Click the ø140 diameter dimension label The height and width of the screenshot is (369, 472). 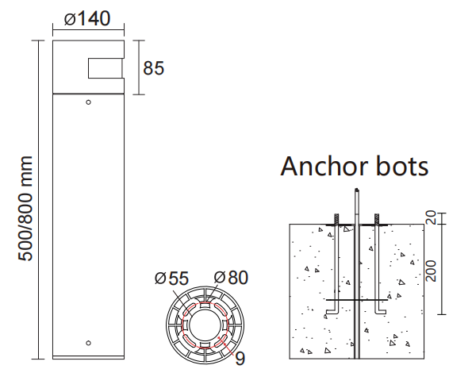(x=87, y=17)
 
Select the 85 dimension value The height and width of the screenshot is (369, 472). (x=153, y=68)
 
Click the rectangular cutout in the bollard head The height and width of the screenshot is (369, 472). (x=106, y=68)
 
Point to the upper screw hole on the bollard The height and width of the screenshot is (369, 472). (x=88, y=102)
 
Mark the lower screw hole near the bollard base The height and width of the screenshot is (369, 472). (x=88, y=343)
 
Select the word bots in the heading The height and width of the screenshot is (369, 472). (x=401, y=167)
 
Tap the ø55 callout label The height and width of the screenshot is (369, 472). (x=172, y=278)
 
